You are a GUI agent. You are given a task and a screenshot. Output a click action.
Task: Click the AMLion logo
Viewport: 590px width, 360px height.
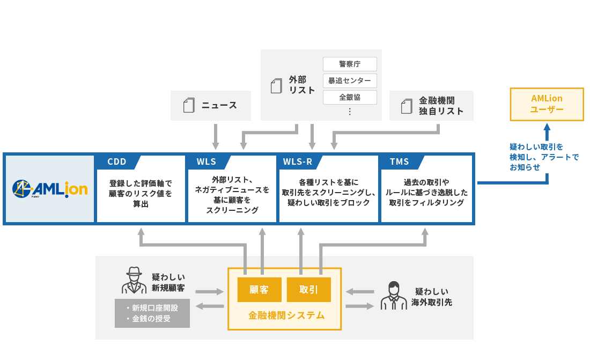coord(50,188)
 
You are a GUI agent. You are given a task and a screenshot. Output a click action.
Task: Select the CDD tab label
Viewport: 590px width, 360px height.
coord(117,162)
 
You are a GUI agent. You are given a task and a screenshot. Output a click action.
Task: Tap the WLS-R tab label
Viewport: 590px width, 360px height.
coord(297,162)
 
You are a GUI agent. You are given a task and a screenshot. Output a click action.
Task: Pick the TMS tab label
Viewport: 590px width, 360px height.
coord(399,162)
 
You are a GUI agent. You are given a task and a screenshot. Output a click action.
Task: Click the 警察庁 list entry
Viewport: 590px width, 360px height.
coord(350,64)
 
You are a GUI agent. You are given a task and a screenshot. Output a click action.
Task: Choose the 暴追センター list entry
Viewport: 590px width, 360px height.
coord(350,80)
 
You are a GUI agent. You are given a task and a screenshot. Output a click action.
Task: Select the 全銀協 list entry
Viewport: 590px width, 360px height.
coord(350,97)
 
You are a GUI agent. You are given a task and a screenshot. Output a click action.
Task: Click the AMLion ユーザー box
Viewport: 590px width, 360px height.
coord(547,104)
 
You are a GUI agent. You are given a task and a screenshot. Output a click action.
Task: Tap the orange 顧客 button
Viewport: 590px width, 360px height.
coord(259,290)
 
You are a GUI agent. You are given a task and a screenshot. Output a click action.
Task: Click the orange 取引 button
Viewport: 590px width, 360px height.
coord(308,290)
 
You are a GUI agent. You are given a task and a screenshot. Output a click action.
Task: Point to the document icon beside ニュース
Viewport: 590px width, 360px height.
coord(189,105)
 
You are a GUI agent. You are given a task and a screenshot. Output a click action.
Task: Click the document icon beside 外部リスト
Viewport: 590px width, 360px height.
coord(276,86)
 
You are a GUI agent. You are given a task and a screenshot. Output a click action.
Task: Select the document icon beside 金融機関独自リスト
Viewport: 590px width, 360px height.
coord(407,106)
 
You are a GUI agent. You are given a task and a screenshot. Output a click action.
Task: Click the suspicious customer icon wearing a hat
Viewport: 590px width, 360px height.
coord(134,280)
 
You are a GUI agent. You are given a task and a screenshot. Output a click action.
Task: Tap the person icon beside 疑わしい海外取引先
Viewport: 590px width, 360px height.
coord(394,295)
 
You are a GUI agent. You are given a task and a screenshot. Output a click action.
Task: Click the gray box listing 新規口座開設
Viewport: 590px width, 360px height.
coord(152,313)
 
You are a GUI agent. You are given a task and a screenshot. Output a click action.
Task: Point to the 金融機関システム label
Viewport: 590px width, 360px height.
coord(286,315)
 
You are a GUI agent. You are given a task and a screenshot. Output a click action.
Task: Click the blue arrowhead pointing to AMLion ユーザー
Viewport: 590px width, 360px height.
coord(547,128)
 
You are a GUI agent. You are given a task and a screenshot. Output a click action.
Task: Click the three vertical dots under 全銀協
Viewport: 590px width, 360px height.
coord(350,112)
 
